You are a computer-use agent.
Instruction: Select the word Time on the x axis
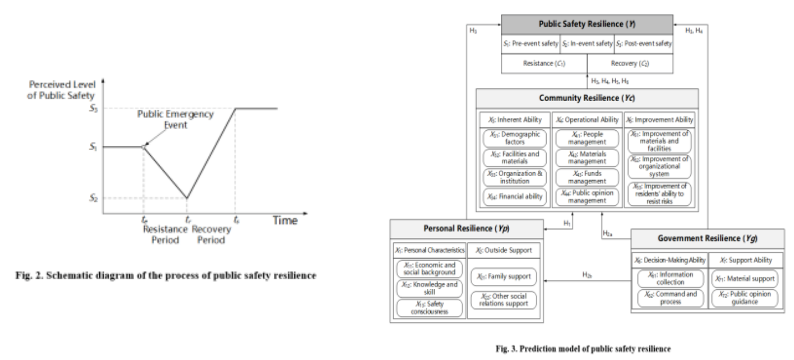tap(284, 220)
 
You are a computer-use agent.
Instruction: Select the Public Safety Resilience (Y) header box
tap(586, 24)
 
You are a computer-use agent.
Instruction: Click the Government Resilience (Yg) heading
tap(707, 239)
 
